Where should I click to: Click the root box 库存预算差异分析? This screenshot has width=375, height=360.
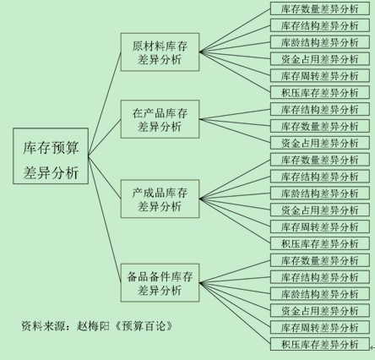point(51,156)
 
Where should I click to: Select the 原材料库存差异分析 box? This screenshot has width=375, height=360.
point(160,52)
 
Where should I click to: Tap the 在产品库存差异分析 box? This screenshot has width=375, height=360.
point(160,119)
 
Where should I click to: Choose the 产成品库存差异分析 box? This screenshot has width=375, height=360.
point(160,199)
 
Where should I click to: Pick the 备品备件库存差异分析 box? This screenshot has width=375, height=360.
point(160,283)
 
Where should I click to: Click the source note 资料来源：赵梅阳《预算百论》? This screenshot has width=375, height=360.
point(97,326)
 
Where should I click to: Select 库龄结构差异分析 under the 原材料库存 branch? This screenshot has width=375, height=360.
point(320,42)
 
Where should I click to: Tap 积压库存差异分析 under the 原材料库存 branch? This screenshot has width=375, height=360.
point(320,92)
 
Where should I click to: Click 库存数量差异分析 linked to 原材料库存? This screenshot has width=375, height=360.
point(320,8)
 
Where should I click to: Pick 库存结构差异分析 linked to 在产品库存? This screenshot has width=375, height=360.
point(320,109)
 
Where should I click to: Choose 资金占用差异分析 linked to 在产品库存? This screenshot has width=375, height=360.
point(320,143)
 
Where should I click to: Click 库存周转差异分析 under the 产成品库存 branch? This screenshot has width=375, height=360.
point(320,226)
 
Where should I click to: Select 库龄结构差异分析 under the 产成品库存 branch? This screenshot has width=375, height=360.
point(320,194)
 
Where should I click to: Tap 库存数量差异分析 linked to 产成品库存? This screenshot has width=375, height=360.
point(320,160)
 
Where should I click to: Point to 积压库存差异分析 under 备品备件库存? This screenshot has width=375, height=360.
point(320,344)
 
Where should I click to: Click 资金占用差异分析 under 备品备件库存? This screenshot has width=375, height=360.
point(320,310)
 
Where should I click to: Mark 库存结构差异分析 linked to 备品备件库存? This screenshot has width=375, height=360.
point(320,277)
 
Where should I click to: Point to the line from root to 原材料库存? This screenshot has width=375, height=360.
point(105,104)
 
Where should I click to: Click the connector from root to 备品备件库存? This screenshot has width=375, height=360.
point(105,219)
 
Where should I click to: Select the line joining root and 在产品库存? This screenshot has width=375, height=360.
point(105,138)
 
